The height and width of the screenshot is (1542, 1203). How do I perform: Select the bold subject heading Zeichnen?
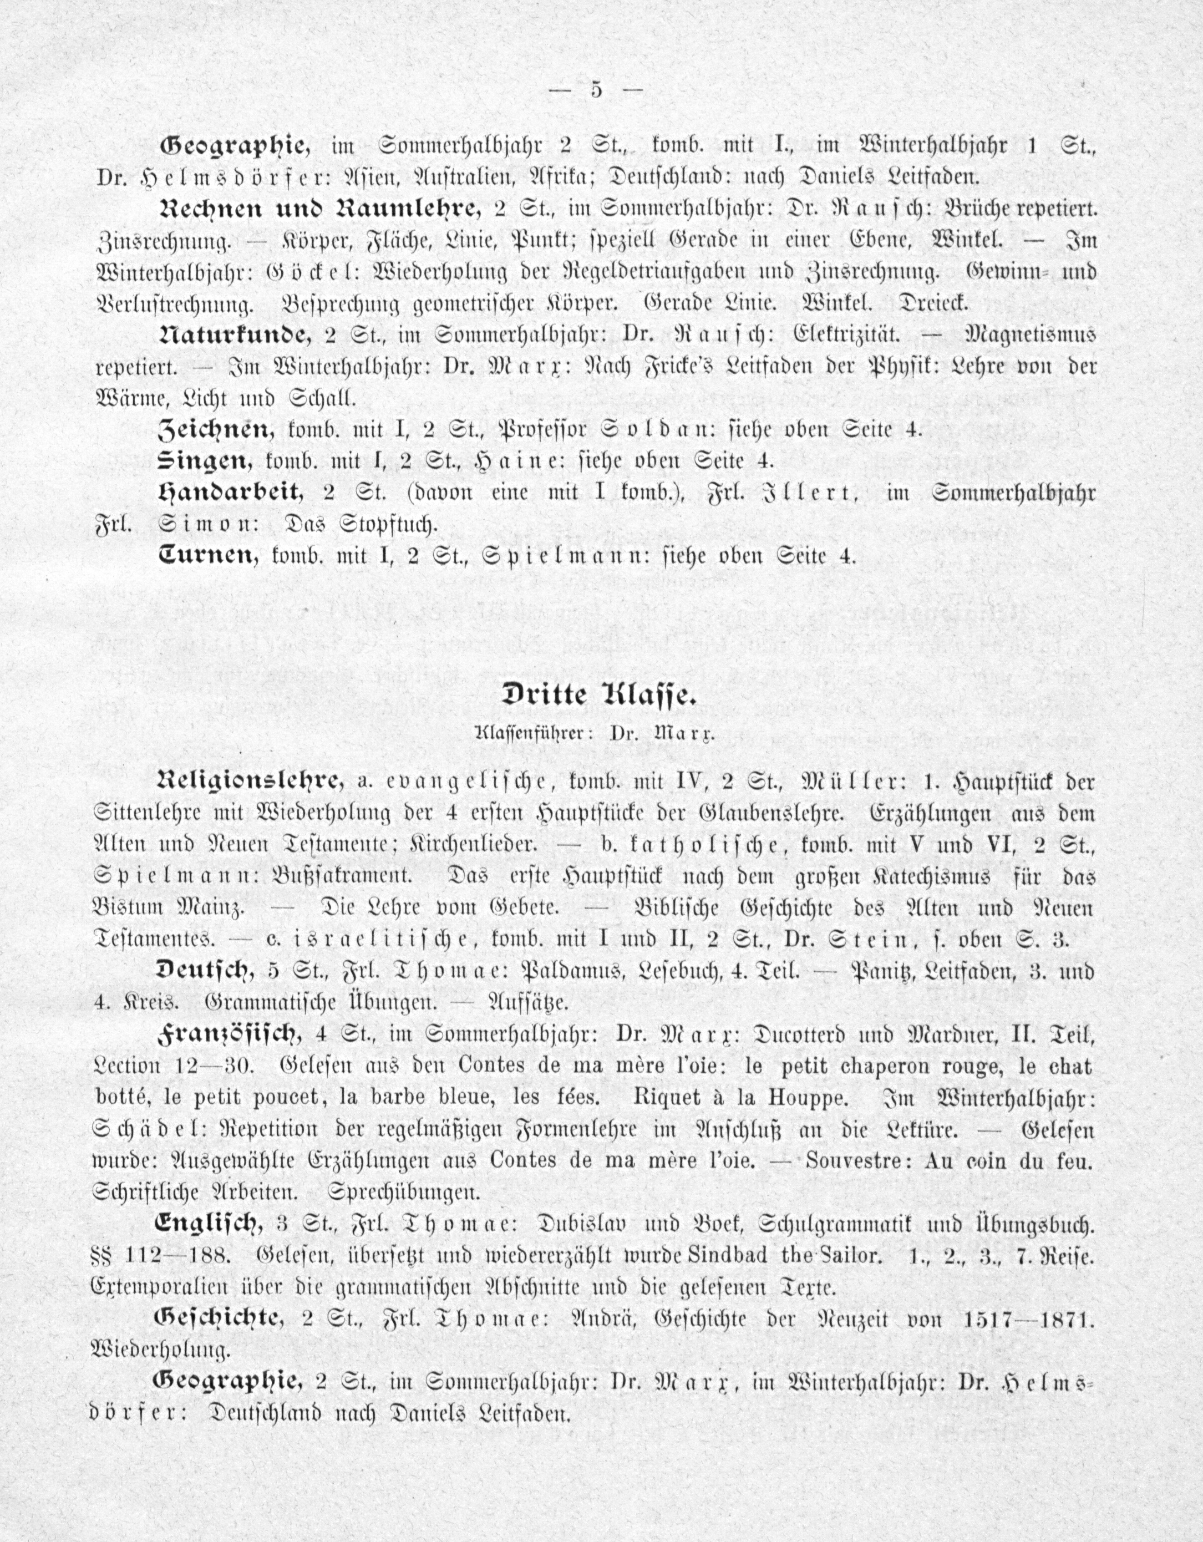[216, 429]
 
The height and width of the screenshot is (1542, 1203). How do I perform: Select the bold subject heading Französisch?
[230, 1035]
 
